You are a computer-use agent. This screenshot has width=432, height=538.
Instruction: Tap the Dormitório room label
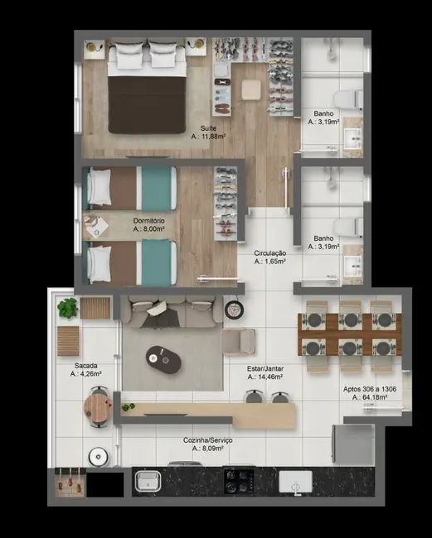[149, 221]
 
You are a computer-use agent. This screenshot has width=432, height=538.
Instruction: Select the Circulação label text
[270, 252]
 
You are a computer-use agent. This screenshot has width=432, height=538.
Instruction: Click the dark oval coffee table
[162, 357]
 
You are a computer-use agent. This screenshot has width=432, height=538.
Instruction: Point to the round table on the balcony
[97, 407]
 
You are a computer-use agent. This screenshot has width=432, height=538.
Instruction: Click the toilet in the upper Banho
[350, 94]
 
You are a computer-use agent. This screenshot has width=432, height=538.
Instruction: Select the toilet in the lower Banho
[348, 226]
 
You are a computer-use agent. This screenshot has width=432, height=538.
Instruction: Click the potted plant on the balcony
[67, 309]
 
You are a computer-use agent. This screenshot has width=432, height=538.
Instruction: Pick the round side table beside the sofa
[233, 310]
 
